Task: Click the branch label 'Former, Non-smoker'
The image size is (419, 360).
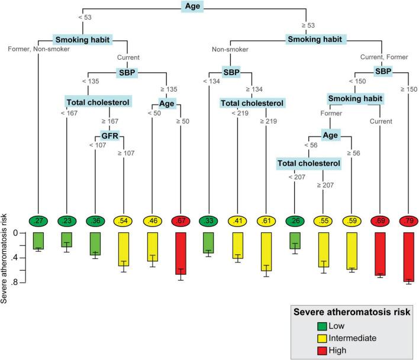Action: tap(38, 49)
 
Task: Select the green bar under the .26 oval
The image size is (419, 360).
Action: tap(294, 240)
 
